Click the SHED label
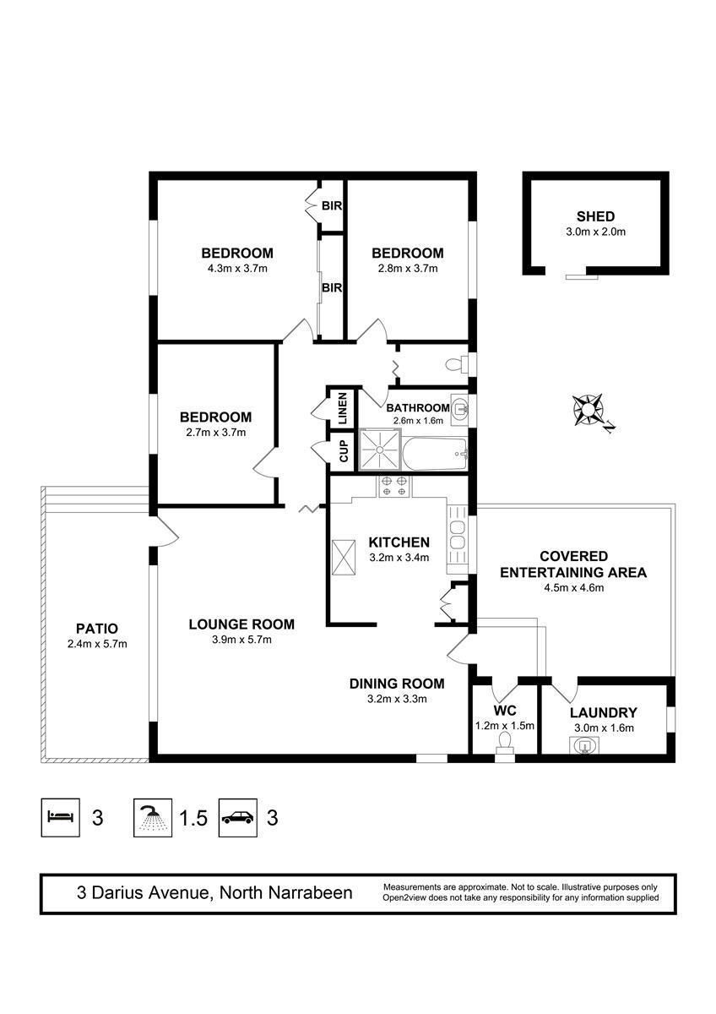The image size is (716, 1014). pos(595,216)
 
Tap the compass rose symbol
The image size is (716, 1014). pos(588,410)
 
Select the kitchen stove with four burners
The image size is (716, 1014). pos(394,487)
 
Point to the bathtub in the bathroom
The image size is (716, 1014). pos(434,454)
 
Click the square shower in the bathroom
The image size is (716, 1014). pos(380,450)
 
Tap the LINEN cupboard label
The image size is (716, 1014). pos(343,408)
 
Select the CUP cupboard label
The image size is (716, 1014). pos(344,451)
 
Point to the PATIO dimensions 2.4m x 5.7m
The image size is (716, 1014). pos(97,644)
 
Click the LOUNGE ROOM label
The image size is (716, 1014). pos(241,624)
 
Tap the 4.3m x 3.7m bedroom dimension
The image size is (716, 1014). pos(237,269)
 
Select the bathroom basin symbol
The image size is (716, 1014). pos(459,408)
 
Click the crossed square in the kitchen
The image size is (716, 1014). pos(344,558)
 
